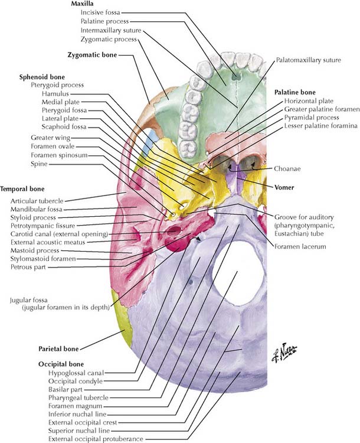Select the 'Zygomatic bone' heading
[92, 55]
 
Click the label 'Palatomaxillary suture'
[305, 60]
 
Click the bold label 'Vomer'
[284, 187]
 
